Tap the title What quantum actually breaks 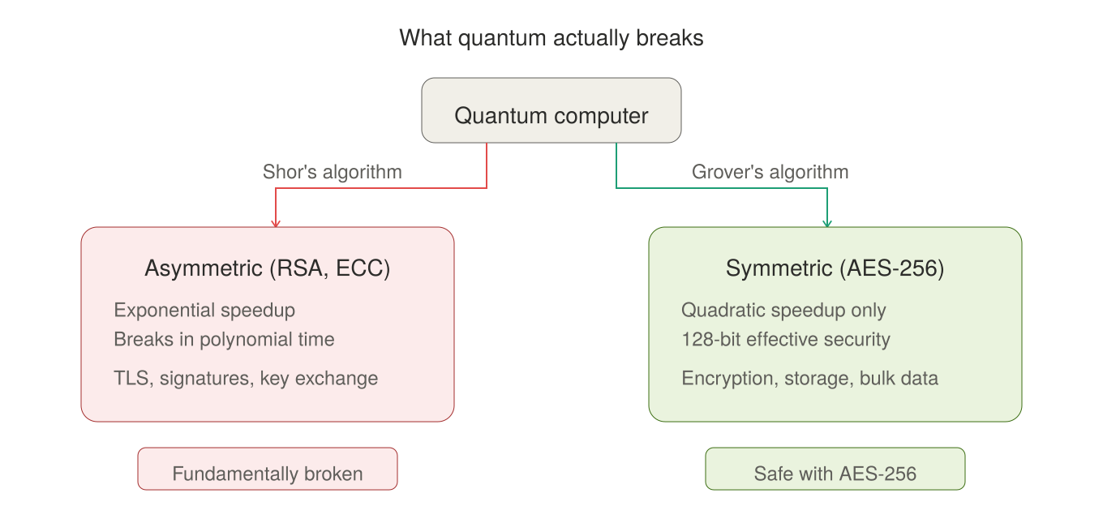pos(551,38)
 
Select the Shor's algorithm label pos(332,172)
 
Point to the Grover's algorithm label pos(770,172)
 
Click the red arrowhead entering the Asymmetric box pos(276,222)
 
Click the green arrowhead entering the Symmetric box pos(827,222)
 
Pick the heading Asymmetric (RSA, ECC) pos(268,268)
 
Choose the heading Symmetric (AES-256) pos(835,268)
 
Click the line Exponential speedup pos(204,311)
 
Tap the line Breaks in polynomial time pos(224,340)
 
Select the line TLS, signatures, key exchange pos(246,378)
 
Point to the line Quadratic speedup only pos(783,311)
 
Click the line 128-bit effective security pos(786,340)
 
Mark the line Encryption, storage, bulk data pos(809,378)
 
